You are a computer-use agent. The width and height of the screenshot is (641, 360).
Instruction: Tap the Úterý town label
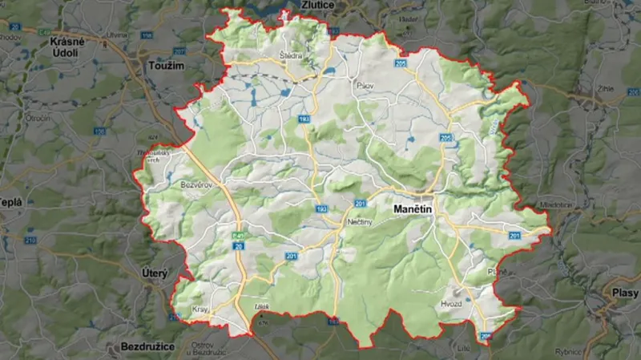(x=154, y=273)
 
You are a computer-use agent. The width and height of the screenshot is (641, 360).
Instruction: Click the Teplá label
(x=11, y=202)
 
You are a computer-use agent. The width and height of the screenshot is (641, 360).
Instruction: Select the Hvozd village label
(x=453, y=305)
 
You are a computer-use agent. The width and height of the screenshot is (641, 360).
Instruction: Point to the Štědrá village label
(x=290, y=56)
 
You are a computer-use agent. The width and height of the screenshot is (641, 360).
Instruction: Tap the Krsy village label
(x=200, y=309)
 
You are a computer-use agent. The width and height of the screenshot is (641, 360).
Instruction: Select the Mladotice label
(x=556, y=205)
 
